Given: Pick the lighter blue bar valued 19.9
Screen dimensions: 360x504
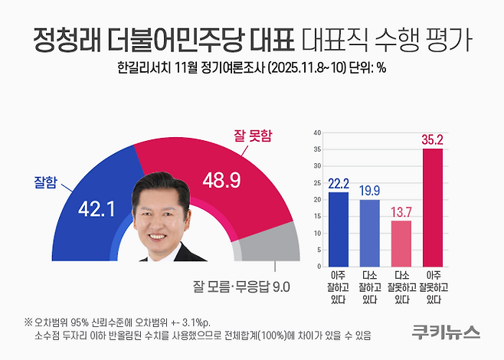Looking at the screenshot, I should pyautogui.click(x=369, y=234).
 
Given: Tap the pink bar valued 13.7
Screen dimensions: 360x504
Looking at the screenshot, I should pyautogui.click(x=401, y=244).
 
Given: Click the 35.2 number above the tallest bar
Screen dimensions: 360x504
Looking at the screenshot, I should pyautogui.click(x=432, y=139).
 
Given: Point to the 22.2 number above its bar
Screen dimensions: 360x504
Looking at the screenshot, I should pyautogui.click(x=338, y=182).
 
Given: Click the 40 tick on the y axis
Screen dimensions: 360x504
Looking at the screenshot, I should pyautogui.click(x=316, y=133).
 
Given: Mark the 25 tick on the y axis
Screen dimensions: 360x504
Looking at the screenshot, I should pyautogui.click(x=316, y=183).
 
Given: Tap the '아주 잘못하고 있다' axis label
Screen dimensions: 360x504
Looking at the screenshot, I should pyautogui.click(x=432, y=287).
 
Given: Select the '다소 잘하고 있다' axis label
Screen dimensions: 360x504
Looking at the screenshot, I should pyautogui.click(x=369, y=287).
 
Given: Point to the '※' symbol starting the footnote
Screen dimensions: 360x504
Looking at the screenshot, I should pyautogui.click(x=28, y=322).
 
